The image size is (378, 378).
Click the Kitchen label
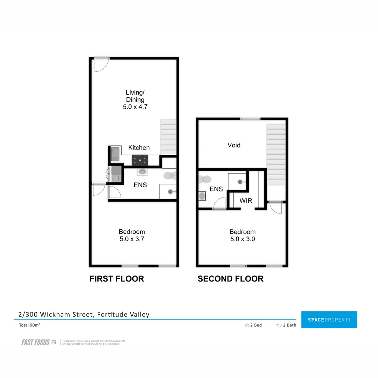139,148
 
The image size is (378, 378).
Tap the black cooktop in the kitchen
140,161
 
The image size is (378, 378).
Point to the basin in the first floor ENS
142,171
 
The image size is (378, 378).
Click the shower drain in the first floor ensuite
170,191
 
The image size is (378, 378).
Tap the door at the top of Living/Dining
102,65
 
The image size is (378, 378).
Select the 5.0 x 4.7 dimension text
135,107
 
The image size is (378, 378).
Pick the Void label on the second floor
234,145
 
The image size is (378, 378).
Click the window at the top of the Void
250,119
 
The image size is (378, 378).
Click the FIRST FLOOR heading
117,279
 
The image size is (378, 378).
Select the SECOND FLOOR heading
230,279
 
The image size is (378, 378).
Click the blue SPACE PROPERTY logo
329,320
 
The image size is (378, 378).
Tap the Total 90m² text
29,325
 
